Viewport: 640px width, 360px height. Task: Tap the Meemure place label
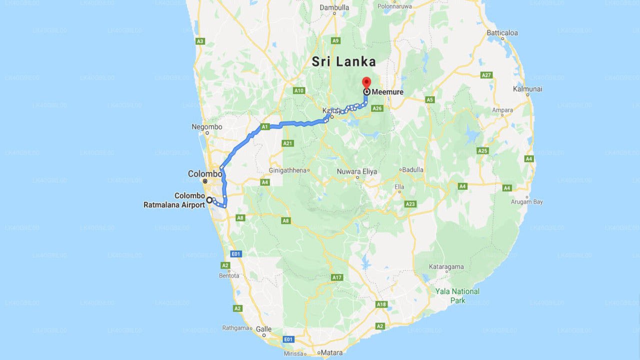tap(387, 92)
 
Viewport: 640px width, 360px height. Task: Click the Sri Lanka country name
tap(343, 61)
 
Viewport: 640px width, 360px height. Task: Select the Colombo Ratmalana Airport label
tap(174, 200)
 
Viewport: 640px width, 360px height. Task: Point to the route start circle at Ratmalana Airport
tap(209, 200)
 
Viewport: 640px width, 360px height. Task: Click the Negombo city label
tap(207, 127)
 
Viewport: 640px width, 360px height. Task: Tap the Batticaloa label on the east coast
tap(502, 33)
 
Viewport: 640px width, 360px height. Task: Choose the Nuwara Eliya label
tap(357, 171)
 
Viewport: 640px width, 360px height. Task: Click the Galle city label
tap(263, 329)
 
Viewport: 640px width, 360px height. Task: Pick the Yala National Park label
tap(457, 295)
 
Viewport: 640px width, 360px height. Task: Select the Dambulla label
tap(334, 7)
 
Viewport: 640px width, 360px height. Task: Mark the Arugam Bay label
tap(526, 202)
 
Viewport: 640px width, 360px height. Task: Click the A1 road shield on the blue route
tap(265, 126)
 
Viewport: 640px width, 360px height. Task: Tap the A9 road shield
tap(335, 40)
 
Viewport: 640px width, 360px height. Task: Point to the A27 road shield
tap(486, 75)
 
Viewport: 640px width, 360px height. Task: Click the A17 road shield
tap(336, 277)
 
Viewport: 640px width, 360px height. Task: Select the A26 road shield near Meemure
tap(377, 108)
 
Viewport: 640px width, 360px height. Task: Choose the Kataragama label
tap(446, 267)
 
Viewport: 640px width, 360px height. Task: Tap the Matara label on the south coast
tap(331, 353)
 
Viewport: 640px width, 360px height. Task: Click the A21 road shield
tap(287, 143)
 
